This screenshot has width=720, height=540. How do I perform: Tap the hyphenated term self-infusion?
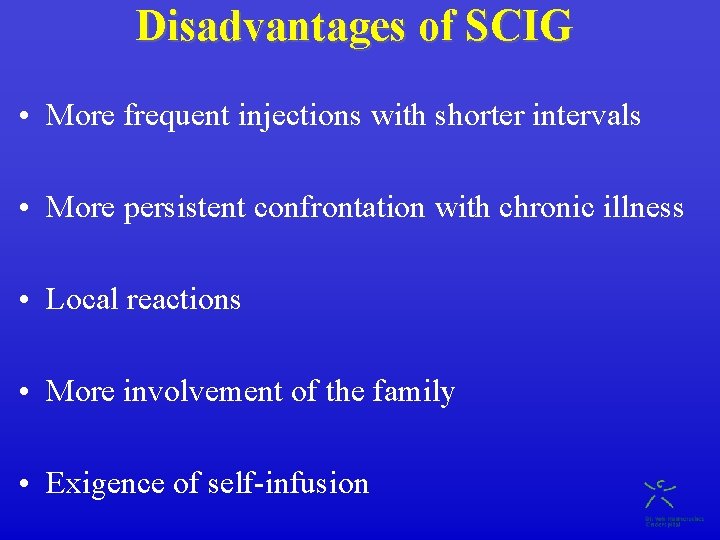pos(288,484)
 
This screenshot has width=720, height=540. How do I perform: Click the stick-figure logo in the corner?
pos(660,493)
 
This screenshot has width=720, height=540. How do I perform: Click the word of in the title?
pos(437,27)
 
